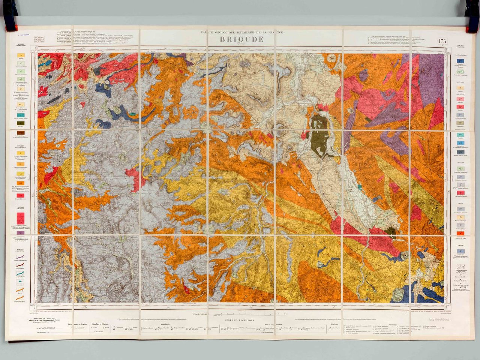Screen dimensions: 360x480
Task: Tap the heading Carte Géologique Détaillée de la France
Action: pos(242,33)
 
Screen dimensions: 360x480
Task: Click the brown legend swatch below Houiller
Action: pos(21,133)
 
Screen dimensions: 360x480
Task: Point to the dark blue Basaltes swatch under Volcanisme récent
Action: pos(460,61)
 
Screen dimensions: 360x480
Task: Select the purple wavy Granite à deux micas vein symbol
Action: pos(20,257)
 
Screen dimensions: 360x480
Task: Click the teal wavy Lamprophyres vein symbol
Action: pos(20,273)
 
